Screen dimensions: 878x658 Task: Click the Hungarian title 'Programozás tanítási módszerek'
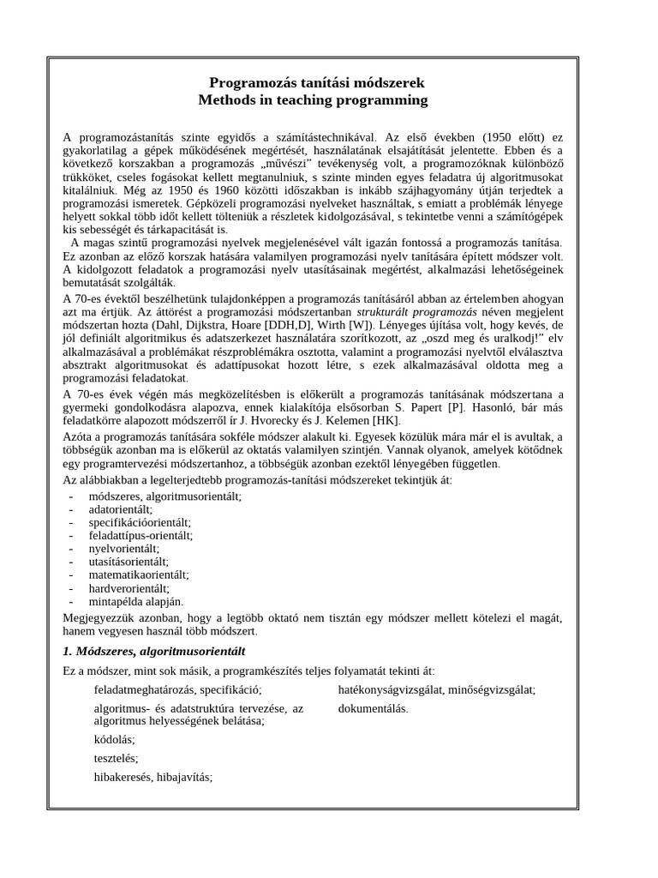tap(316, 82)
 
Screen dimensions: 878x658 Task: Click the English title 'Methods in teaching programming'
tap(313, 100)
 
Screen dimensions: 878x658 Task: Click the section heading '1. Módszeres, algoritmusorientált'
tap(154, 650)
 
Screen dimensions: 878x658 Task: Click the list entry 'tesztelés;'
tap(116, 758)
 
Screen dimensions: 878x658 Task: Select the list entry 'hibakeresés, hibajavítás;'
tap(153, 777)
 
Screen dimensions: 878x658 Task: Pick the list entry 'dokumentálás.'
tap(374, 709)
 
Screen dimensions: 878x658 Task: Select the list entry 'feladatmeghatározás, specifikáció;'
tap(177, 689)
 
